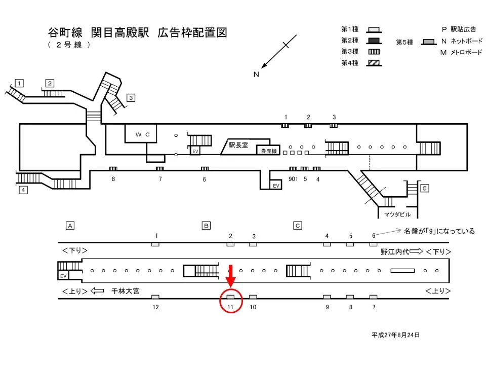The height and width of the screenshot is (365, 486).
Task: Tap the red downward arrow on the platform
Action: click(230, 277)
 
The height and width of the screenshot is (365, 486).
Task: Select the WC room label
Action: click(141, 134)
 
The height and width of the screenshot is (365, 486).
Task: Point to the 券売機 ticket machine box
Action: click(267, 151)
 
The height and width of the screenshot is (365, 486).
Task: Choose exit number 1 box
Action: click(19, 83)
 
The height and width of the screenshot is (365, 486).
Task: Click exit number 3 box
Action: click(131, 98)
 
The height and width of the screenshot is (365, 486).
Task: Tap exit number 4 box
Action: click(23, 190)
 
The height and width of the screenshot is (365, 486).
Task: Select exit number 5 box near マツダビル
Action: click(424, 189)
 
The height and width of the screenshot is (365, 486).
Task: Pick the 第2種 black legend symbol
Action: click(374, 41)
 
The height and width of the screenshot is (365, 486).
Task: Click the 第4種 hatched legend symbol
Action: click(374, 63)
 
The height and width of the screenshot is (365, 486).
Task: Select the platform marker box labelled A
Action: click(70, 225)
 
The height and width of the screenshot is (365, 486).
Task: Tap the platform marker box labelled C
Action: click(298, 225)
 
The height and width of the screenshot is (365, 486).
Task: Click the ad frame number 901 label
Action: click(293, 179)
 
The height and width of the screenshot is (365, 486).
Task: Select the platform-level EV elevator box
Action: click(63, 276)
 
